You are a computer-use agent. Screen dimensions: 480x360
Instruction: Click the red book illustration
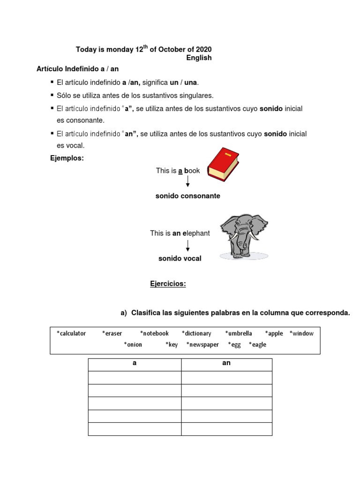(223, 165)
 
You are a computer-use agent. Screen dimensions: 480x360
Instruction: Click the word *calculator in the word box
(71, 333)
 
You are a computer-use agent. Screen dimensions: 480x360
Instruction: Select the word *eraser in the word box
(112, 333)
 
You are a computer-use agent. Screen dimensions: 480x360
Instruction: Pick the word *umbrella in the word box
(239, 333)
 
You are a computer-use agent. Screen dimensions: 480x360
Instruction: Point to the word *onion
(133, 345)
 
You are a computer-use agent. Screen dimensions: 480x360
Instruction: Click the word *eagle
(257, 345)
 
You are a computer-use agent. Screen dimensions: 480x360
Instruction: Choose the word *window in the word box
(301, 333)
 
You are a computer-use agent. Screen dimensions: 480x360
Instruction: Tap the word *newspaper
(202, 345)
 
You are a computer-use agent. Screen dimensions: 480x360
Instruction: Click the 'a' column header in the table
(135, 363)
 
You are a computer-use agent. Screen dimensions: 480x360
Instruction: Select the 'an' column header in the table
(226, 363)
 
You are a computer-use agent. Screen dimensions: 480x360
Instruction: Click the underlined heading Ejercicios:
(168, 284)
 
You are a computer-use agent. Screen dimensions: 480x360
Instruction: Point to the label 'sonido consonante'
(187, 196)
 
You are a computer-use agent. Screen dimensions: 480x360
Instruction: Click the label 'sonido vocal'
(180, 258)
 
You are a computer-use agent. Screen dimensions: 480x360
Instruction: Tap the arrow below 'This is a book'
(188, 182)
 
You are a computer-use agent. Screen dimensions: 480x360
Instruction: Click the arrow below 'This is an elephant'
(188, 245)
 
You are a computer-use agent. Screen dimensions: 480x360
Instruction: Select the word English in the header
(199, 58)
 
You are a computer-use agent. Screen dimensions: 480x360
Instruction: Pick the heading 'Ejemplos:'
(67, 158)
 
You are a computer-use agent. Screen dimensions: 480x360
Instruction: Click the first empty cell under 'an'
(226, 378)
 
